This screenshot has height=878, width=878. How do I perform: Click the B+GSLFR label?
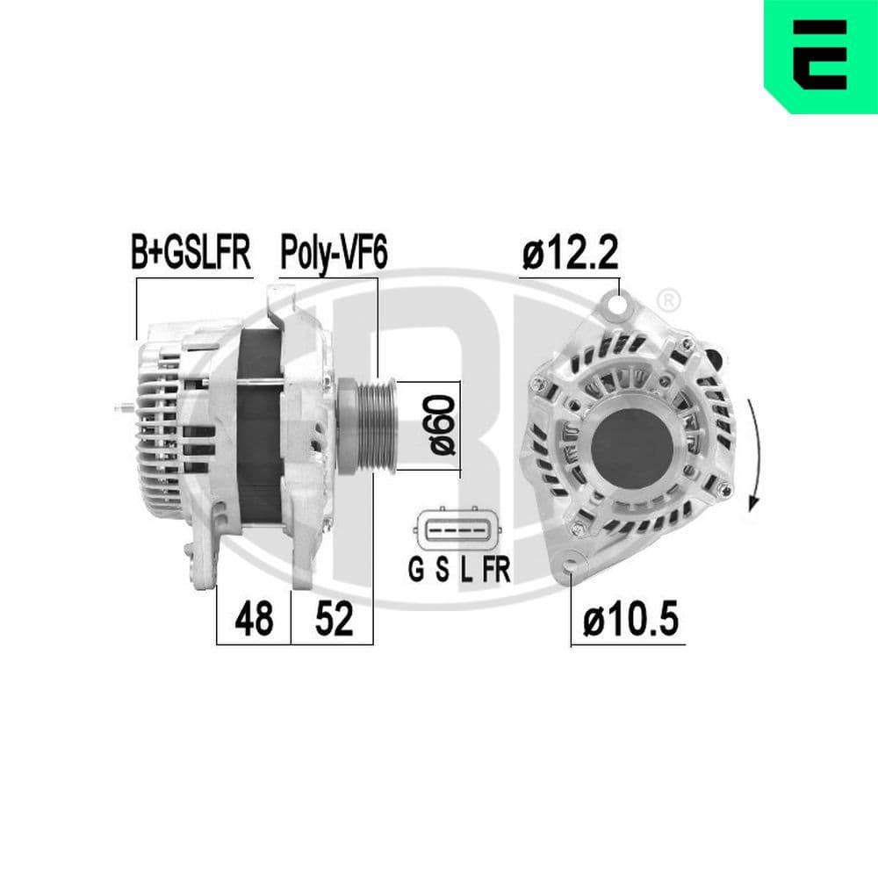point(191,253)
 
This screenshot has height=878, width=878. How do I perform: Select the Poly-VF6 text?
point(333,253)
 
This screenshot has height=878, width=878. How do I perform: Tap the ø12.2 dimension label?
point(570,255)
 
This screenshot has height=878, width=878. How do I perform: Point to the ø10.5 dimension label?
point(630,621)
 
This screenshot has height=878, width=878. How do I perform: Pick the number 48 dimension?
point(253,620)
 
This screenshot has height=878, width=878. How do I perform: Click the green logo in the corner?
point(820,56)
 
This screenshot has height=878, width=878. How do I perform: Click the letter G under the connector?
point(416,571)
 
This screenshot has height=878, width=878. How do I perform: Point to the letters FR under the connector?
point(495,571)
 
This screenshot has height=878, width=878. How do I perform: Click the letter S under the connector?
point(443,571)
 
